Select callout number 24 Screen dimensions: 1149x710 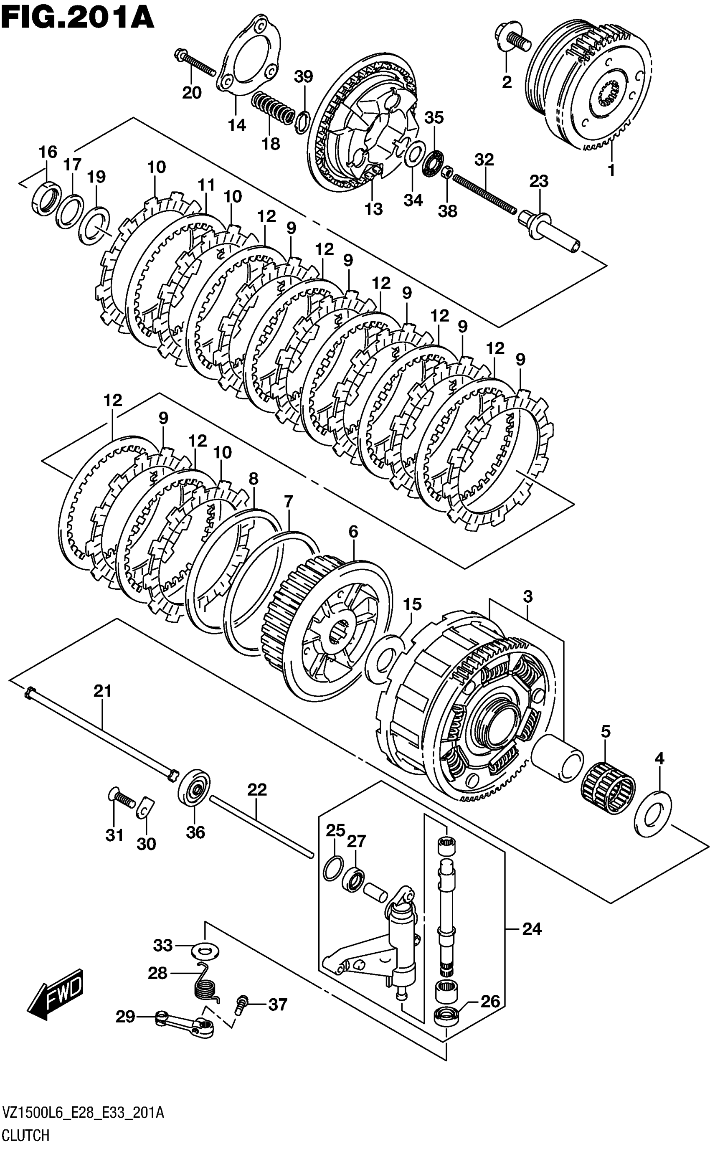pyautogui.click(x=532, y=929)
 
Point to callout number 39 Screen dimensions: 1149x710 pyautogui.click(x=303, y=76)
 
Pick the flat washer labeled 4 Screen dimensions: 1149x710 pyautogui.click(x=653, y=816)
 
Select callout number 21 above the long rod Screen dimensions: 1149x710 pyautogui.click(x=102, y=691)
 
